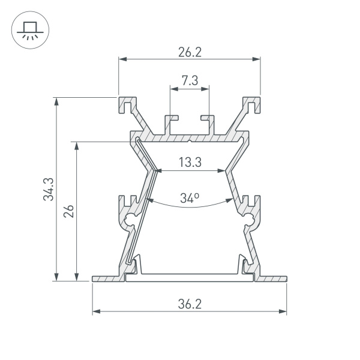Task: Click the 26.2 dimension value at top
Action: pos(189,52)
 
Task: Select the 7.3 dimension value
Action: pos(190,81)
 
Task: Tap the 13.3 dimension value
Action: pos(189,162)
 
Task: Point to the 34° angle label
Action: pos(189,197)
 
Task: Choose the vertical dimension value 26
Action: pos(68,211)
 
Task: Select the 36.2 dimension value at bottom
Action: pos(189,304)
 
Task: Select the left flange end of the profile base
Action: pos(96,278)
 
